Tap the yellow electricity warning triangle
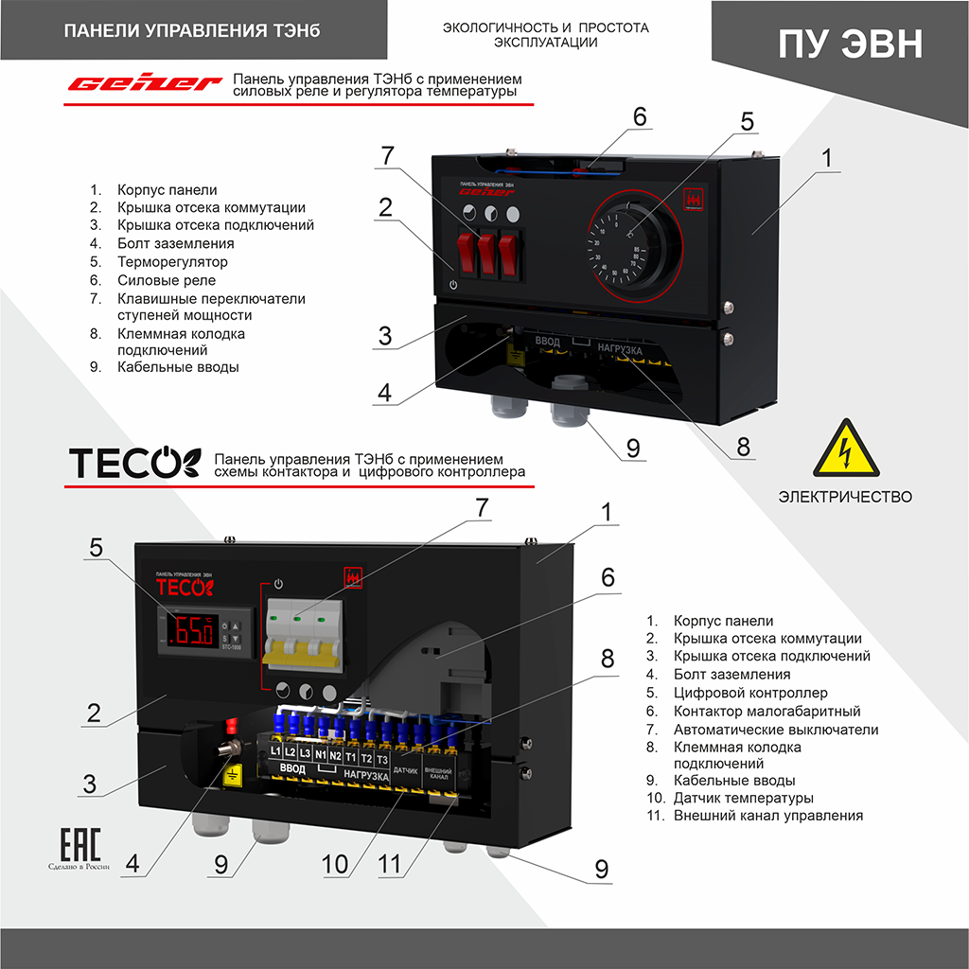click(x=844, y=449)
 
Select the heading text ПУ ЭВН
click(x=850, y=44)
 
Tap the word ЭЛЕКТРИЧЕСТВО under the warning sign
click(x=845, y=497)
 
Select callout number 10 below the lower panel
click(x=336, y=864)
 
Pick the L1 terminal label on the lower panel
click(x=275, y=752)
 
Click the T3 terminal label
click(x=381, y=758)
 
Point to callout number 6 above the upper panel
click(x=641, y=116)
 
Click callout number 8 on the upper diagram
click(x=743, y=446)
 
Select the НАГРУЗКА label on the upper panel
click(x=620, y=350)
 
